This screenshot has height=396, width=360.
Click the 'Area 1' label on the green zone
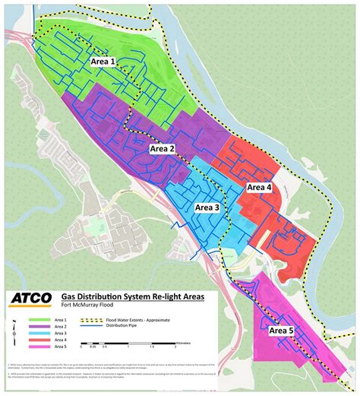click(103, 61)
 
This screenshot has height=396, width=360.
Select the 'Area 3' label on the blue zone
click(207, 207)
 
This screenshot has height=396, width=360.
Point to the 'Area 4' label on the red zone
click(258, 187)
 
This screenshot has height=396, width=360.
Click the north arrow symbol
click(15, 330)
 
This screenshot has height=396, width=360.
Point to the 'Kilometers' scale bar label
click(183, 342)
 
